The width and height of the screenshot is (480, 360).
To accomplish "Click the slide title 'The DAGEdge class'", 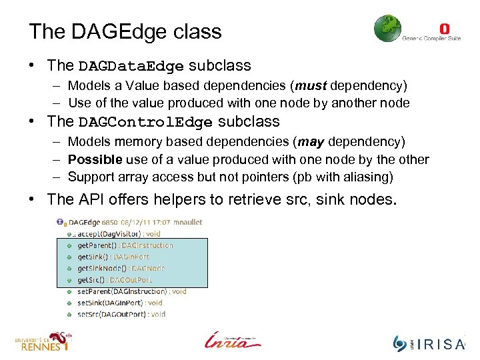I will coord(125,31).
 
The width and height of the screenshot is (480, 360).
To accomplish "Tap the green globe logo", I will coord(387,29).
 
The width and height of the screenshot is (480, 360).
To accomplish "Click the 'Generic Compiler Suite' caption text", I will coord(431,38).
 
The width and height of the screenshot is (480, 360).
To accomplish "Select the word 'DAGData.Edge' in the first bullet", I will coord(131,66).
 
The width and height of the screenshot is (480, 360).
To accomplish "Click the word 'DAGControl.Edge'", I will coord(146,122).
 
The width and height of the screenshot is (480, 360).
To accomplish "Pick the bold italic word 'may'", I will coord(311,141).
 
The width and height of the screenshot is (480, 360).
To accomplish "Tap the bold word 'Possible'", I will coord(95,159).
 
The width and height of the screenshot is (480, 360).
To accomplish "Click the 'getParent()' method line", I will coord(125,245).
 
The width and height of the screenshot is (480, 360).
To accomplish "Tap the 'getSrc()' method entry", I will coord(114,280).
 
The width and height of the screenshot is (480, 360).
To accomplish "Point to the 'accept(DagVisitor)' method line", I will coord(119,234).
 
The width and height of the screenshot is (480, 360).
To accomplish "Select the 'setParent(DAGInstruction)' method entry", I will coord(131,291).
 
